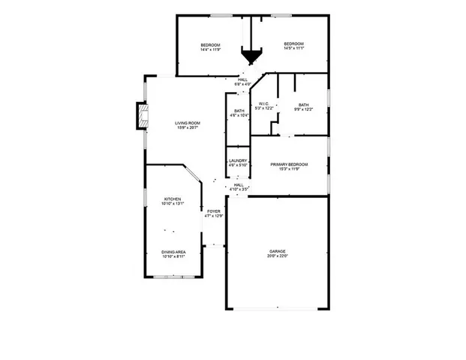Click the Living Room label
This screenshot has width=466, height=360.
pos(187,123)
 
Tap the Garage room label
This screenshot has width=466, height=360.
pos(278,251)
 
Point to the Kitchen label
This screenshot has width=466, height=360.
pos(173,199)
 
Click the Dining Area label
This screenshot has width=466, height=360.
pos(173,252)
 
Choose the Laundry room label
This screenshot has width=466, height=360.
pos(238,160)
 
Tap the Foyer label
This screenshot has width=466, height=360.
pos(214,212)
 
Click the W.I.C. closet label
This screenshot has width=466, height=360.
pos(263,104)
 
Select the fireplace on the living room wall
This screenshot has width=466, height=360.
pos(140,116)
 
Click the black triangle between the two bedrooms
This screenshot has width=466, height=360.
pos(251,56)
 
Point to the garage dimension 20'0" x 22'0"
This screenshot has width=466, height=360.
pos(278,256)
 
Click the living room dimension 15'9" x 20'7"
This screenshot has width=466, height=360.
pos(187,128)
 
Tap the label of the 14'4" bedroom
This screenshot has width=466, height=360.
pos(210,46)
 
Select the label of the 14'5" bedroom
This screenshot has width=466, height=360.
pos(293,44)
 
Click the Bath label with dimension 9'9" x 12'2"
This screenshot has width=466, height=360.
pos(303,105)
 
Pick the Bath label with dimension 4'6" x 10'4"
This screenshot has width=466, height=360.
pos(239,111)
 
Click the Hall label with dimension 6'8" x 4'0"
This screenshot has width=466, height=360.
pos(243,79)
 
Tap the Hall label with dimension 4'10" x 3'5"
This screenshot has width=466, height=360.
pos(239,184)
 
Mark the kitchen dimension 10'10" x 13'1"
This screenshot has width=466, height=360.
pos(173,204)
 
